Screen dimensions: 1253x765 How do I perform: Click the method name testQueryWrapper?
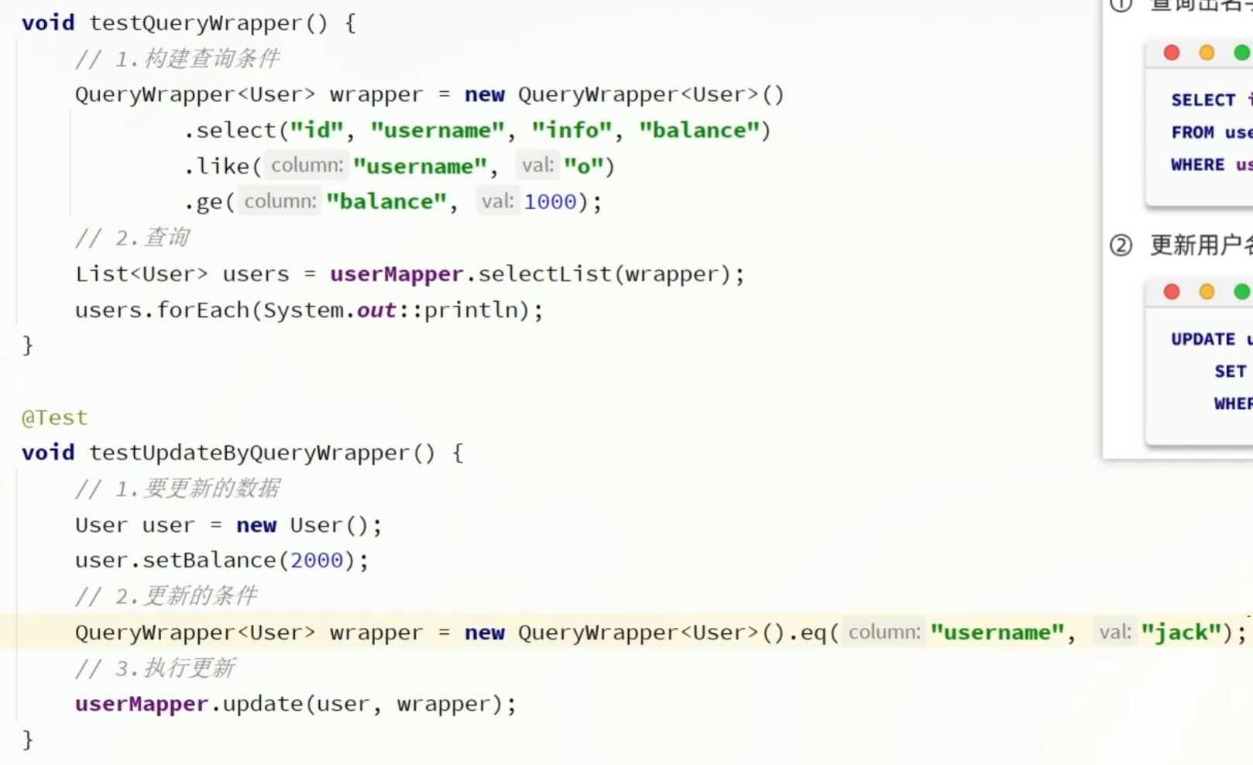tap(195, 23)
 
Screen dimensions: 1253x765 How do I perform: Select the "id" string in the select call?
tap(316, 130)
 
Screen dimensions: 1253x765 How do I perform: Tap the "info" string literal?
tap(572, 130)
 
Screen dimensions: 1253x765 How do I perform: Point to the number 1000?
tap(550, 202)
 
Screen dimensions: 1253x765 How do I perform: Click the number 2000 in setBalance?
tap(316, 561)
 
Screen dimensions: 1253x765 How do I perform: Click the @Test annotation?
tap(54, 418)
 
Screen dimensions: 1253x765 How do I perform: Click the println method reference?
tap(470, 310)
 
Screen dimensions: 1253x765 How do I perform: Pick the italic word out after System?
tap(376, 310)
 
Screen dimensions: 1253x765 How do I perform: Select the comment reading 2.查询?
tap(132, 238)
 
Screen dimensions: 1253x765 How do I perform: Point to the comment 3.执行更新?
tap(155, 668)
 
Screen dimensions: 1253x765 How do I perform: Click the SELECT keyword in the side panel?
tap(1203, 100)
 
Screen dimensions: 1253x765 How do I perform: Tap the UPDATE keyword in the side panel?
tap(1203, 339)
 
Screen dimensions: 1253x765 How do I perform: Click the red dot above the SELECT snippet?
tap(1172, 53)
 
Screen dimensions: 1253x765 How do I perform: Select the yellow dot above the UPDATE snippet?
tap(1207, 292)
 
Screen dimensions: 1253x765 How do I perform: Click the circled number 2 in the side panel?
tap(1121, 245)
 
